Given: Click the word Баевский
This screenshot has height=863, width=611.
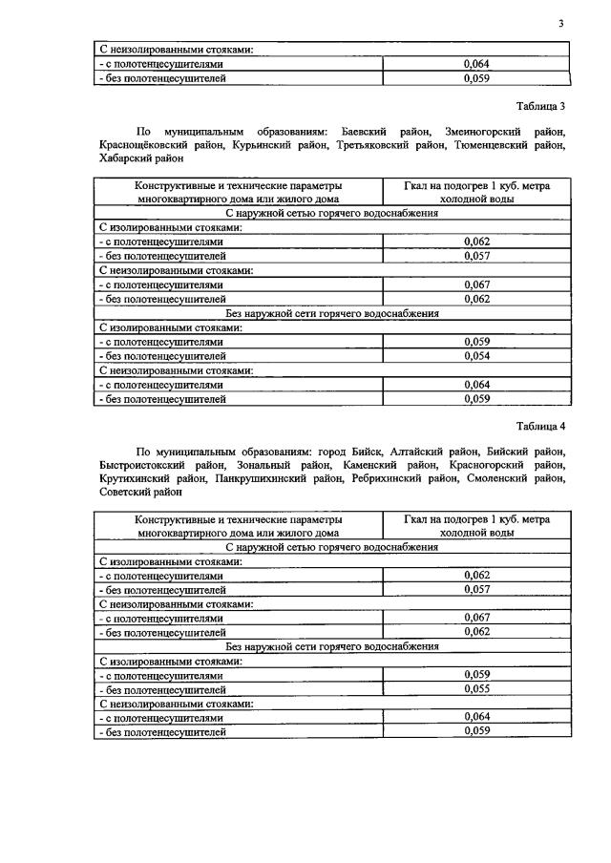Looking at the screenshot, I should (x=367, y=131).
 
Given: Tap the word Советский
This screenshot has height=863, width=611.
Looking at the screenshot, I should (x=126, y=494).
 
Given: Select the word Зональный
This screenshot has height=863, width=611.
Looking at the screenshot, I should (x=261, y=465).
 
